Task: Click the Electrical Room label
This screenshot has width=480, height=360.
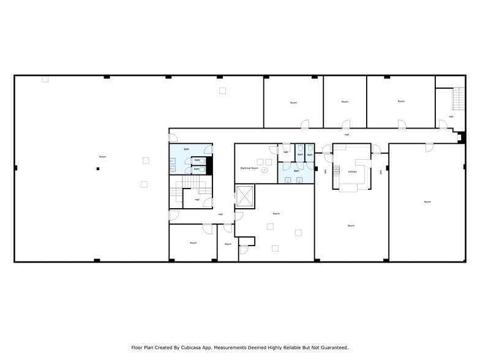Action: click(249, 167)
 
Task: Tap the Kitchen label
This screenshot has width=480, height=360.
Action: click(352, 172)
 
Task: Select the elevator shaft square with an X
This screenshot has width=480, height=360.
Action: click(246, 197)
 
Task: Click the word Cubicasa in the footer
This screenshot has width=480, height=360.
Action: click(196, 347)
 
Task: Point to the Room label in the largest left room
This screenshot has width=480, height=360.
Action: click(102, 157)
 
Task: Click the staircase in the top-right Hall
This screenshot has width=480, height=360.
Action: click(456, 97)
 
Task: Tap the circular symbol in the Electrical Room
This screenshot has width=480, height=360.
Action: click(264, 171)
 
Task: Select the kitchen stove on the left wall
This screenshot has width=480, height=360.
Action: click(336, 170)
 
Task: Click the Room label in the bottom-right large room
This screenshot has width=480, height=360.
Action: click(427, 201)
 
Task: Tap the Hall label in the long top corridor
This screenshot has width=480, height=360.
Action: click(347, 134)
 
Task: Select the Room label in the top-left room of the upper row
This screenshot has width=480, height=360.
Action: click(293, 102)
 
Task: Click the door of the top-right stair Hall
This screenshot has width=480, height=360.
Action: click(443, 124)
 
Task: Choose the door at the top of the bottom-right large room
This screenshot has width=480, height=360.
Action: click(429, 147)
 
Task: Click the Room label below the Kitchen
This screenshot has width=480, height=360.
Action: click(351, 226)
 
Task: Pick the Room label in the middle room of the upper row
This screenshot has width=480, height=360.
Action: click(345, 101)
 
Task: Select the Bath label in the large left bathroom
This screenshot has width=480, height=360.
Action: click(186, 149)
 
